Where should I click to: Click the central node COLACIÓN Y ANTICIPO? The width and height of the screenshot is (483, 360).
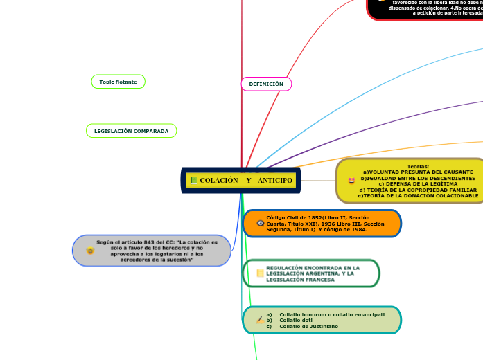pos(241,180)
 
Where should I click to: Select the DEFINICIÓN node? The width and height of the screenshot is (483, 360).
pos(266,84)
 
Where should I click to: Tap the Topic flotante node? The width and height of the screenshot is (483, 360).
pos(118,82)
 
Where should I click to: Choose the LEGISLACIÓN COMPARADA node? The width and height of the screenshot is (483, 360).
pos(131,131)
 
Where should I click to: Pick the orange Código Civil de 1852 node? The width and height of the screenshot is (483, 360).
pos(322,224)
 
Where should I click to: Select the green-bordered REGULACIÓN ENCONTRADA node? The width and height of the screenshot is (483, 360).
pos(311,273)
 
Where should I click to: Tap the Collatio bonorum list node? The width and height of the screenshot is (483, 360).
pos(322,320)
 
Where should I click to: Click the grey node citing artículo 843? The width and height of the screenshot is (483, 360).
pos(152,251)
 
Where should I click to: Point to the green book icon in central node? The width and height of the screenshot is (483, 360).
pos(193,181)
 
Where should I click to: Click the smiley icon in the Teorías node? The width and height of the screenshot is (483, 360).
pos(351,181)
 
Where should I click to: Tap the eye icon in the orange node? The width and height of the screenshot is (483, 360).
pos(260,224)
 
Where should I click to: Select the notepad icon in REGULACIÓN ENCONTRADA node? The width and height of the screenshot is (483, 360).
pos(260,273)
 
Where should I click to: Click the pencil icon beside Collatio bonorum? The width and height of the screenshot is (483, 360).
pos(260,320)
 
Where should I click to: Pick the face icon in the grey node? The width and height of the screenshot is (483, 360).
pos(90,251)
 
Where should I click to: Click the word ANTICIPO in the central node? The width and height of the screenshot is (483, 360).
pos(274,181)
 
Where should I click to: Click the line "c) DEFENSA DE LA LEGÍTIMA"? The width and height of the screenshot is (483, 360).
pos(417,183)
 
